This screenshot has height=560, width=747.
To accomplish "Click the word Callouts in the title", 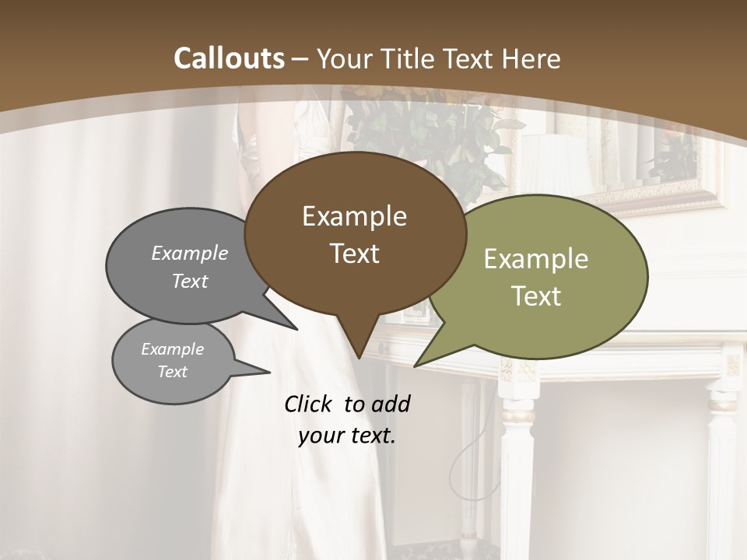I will (x=229, y=58).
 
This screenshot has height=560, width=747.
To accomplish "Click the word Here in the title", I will (x=529, y=58).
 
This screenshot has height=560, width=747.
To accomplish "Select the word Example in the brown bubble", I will (x=354, y=216).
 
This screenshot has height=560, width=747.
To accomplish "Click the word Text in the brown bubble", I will (x=354, y=254).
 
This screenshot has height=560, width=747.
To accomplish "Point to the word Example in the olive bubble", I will (x=536, y=259).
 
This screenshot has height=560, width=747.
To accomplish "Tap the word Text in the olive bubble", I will (x=536, y=296).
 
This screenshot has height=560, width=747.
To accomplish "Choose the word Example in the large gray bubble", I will (x=189, y=254).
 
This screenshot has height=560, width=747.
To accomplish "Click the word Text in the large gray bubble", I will (x=189, y=281).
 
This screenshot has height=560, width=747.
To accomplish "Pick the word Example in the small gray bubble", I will (x=172, y=349).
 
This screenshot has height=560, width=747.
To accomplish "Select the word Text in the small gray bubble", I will (x=172, y=372).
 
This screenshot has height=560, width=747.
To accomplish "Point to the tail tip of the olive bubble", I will (x=417, y=364).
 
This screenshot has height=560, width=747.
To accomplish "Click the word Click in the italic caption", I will (x=310, y=404).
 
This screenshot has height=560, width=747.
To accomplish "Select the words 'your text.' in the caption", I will (x=347, y=436).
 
